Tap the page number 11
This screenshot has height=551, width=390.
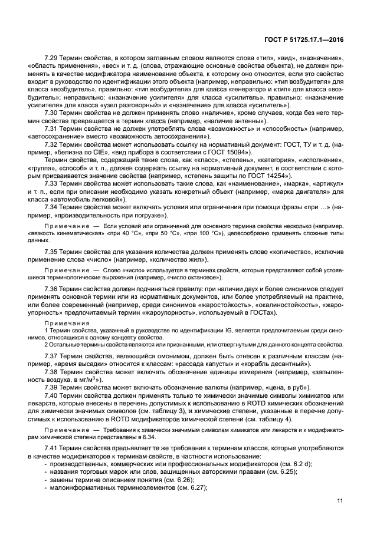point(340,501)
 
